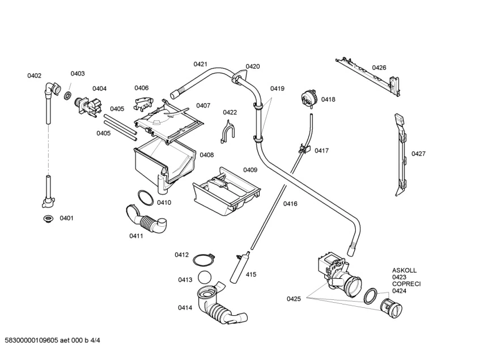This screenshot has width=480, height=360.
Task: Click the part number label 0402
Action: [x=35, y=76]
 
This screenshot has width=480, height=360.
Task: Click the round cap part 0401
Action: [x=48, y=218]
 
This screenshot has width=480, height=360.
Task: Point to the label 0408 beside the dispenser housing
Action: [x=206, y=155]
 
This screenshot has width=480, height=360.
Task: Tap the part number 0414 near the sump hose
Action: [x=185, y=308]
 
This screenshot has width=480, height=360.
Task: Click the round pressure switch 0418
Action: [x=309, y=98]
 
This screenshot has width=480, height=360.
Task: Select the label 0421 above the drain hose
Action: [x=201, y=64]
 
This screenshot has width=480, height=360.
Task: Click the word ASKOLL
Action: [x=404, y=270]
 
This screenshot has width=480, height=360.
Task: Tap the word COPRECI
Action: [x=406, y=284]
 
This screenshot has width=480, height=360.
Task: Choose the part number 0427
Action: [x=419, y=154]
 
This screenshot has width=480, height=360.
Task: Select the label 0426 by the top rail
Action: [x=379, y=68]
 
